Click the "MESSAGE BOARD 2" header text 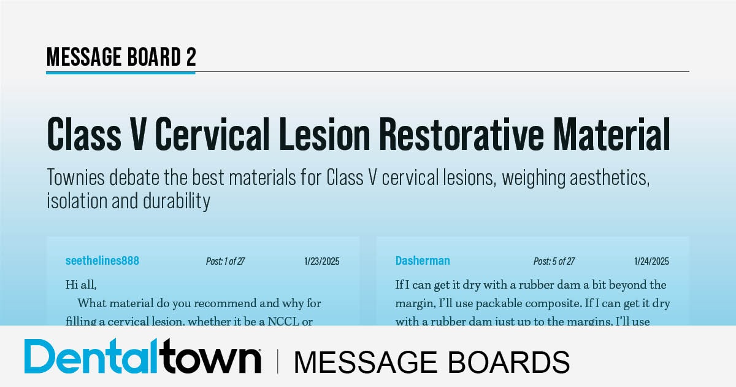(121, 57)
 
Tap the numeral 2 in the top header (191, 57)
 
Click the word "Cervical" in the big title (197, 135)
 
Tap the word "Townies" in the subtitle (77, 178)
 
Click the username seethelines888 (102, 260)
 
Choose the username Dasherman (423, 260)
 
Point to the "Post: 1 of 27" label (225, 261)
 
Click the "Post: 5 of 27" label (554, 261)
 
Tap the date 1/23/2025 (321, 261)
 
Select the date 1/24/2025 (651, 261)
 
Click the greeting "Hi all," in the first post (81, 284)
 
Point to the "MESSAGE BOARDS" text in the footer (431, 361)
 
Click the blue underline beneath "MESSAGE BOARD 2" (121, 72)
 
